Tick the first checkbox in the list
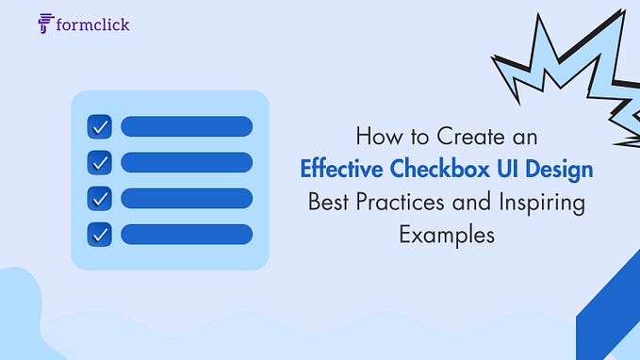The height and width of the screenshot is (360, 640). tap(100, 126)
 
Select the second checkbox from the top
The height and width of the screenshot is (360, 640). tap(100, 162)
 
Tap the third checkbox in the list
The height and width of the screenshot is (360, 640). tap(100, 198)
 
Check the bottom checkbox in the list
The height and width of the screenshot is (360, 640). tap(100, 234)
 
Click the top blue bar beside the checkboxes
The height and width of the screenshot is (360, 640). tap(186, 126)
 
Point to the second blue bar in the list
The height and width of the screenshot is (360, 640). tap(186, 162)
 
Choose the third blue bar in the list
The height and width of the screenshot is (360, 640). tap(186, 198)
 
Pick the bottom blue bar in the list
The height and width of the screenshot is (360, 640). tap(186, 234)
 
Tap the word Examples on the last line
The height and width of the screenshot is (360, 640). tap(446, 235)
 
